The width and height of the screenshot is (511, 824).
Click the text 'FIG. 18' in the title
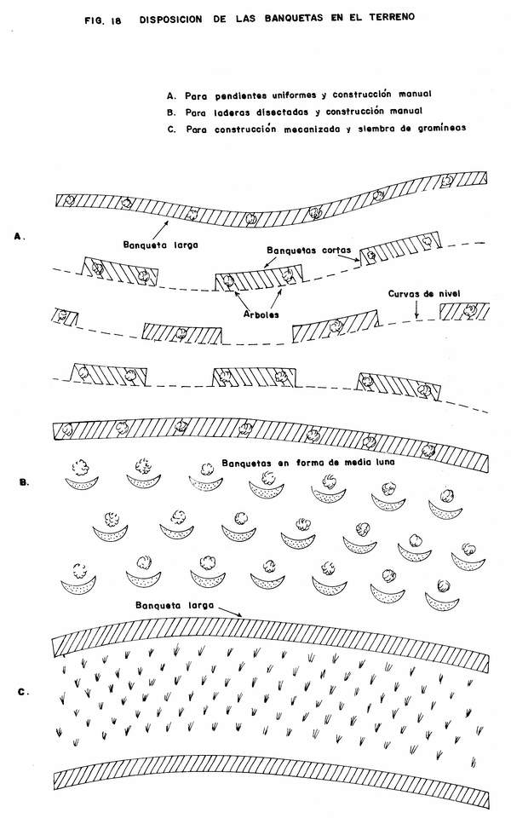tap(102, 21)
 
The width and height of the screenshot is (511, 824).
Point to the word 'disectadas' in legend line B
tap(282, 112)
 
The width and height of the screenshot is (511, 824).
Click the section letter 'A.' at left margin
tap(20, 237)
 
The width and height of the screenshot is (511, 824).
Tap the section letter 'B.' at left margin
tap(24, 482)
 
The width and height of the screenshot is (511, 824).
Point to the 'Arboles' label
tap(261, 314)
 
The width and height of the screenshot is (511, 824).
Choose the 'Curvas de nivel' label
tap(424, 294)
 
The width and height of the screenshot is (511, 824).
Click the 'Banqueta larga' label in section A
tap(161, 245)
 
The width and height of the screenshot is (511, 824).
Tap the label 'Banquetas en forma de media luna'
tap(308, 463)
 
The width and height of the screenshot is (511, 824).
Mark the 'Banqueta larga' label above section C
tap(175, 605)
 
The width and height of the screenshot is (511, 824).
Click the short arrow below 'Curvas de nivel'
tap(416, 311)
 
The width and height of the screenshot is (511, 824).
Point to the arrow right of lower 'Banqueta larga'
tap(229, 611)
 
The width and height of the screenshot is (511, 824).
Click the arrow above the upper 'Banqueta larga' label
tap(160, 230)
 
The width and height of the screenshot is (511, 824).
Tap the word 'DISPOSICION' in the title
tap(171, 20)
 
